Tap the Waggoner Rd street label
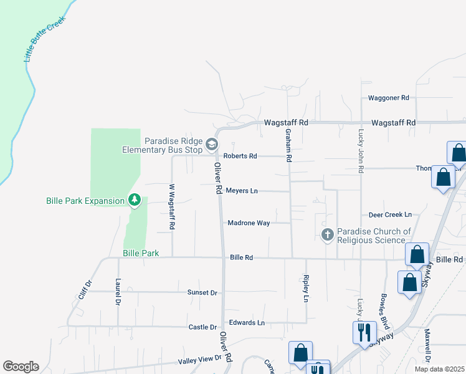[388, 98]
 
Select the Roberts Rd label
[240, 156]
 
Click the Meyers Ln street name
[242, 191]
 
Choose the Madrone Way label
[249, 223]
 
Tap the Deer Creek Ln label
[390, 214]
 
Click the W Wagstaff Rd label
[171, 206]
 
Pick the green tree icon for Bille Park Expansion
[133, 200]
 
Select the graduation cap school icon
[212, 145]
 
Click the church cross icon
[327, 235]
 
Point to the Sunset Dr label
[202, 292]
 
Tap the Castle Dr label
[202, 327]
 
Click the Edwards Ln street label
[247, 322]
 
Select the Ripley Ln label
[306, 289]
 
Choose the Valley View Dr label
[200, 359]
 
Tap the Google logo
[21, 366]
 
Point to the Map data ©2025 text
[439, 369]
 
